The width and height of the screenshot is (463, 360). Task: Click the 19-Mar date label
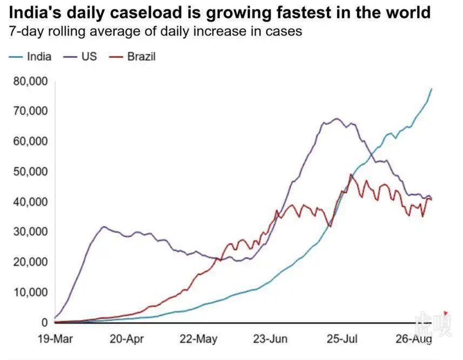[x=56, y=339]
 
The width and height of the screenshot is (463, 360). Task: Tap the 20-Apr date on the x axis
[x=126, y=339]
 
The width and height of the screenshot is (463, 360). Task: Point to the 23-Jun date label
[x=270, y=339]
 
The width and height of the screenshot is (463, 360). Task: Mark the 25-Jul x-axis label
[x=343, y=339]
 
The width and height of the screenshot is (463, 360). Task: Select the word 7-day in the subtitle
[x=25, y=32]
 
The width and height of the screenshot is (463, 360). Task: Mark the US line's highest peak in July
[x=337, y=119]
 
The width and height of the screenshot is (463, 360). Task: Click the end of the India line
[x=431, y=89]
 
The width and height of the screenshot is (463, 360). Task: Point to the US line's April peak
[x=104, y=227]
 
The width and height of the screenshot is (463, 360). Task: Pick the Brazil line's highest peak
[x=351, y=175]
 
